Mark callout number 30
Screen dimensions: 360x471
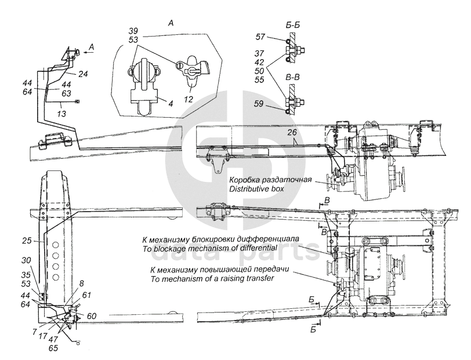(27, 260)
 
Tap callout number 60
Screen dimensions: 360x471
(92, 316)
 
